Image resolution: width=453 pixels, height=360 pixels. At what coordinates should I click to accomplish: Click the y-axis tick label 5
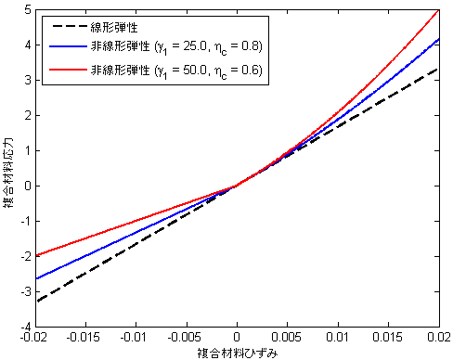27,9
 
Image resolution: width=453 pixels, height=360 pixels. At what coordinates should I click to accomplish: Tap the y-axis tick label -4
25,328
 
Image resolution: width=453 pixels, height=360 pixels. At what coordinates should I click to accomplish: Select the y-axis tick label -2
25,257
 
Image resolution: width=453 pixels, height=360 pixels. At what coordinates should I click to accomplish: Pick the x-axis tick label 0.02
438,341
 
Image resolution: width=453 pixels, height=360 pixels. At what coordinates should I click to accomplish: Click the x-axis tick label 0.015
388,341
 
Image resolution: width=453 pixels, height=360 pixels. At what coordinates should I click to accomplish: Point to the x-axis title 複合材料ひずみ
237,354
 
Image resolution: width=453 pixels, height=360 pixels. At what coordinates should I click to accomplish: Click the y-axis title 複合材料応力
8,168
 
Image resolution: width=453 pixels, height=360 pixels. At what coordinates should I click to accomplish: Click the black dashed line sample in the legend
65,26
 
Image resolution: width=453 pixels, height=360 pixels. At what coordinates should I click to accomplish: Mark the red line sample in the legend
65,68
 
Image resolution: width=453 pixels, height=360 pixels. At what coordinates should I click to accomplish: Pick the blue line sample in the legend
65,46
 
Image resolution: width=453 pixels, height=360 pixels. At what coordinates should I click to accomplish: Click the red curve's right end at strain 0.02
438,10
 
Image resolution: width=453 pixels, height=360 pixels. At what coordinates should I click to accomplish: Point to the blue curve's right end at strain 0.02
438,39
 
